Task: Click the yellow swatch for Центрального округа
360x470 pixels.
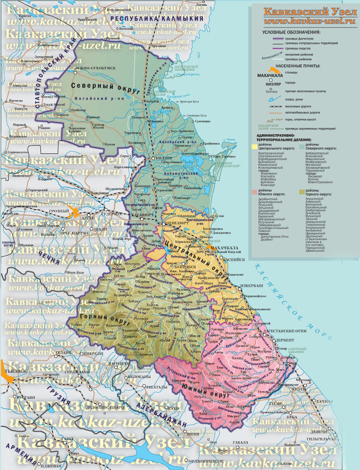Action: (x=253, y=145)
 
